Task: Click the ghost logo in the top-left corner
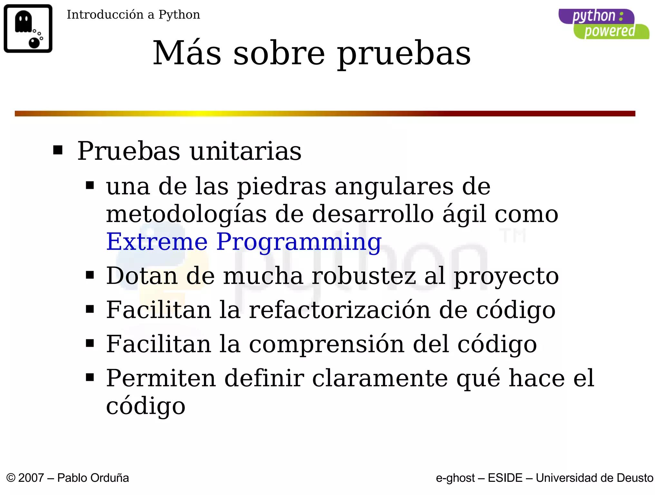[x=28, y=28]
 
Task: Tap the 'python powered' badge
[x=603, y=24]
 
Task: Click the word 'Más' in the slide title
[x=187, y=53]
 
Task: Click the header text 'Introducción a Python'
[x=133, y=15]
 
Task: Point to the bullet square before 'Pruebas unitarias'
[x=58, y=150]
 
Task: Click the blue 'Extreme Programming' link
[x=244, y=242]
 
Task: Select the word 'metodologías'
[x=186, y=214]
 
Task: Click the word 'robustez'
[x=364, y=276]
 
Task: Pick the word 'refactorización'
[x=340, y=310]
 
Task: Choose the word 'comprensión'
[x=326, y=344]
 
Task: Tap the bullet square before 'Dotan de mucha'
[x=90, y=275]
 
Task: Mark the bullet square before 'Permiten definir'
[x=90, y=377]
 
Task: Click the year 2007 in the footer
[x=31, y=478]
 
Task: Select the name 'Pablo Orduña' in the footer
[x=93, y=478]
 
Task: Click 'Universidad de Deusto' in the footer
[x=594, y=478]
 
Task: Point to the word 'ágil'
[x=464, y=214]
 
